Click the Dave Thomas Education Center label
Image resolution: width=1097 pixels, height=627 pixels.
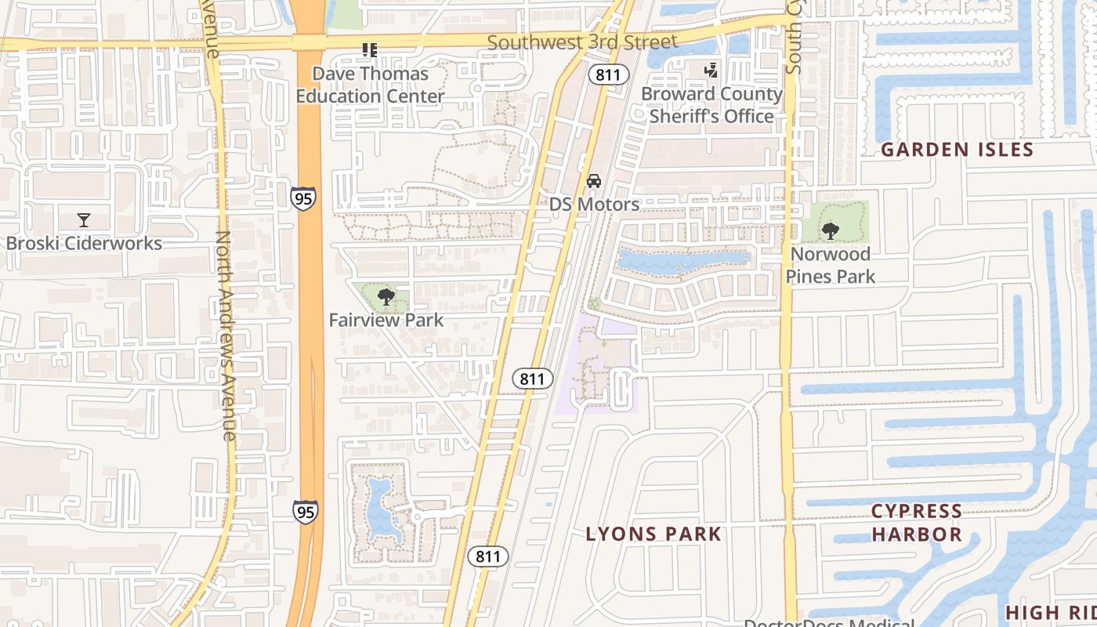(370, 85)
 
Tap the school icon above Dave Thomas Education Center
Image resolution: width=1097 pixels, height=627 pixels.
(370, 50)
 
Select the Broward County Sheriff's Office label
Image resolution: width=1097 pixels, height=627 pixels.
(711, 105)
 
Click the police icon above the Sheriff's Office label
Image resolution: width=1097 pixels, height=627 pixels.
(711, 71)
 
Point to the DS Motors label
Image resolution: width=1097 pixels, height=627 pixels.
(594, 205)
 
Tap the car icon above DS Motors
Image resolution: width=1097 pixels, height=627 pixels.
(594, 181)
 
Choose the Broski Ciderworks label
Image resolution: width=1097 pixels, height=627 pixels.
(84, 243)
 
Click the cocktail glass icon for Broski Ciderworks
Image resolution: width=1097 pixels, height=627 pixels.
(84, 220)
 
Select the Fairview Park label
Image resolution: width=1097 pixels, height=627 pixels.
(386, 320)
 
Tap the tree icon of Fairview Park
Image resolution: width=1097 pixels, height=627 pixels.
(386, 297)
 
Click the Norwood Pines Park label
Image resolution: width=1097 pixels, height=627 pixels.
(831, 265)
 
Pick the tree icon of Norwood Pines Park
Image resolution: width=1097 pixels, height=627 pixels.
(831, 231)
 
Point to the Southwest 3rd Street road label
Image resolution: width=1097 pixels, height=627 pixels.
(582, 42)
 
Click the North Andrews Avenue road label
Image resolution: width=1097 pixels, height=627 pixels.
(225, 335)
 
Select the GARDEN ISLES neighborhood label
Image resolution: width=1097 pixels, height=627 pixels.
(958, 150)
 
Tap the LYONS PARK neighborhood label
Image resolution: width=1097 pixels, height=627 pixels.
(653, 534)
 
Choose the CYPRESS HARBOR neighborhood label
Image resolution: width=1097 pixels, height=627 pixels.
(917, 523)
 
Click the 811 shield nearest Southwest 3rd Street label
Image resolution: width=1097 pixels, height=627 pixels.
(608, 75)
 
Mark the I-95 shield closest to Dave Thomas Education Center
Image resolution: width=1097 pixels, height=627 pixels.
(303, 198)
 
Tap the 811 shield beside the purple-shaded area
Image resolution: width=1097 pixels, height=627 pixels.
(531, 379)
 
